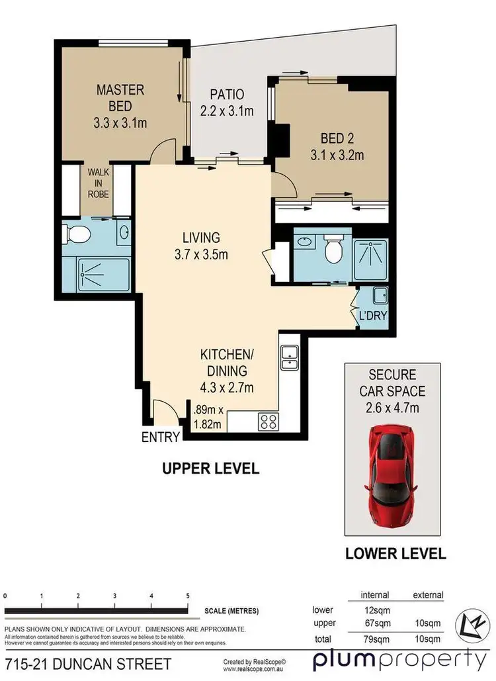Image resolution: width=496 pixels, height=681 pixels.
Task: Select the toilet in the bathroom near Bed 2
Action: [333, 250]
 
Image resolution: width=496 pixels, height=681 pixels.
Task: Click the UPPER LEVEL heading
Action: [210, 469]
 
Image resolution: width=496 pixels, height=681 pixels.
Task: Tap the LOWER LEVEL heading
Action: [395, 553]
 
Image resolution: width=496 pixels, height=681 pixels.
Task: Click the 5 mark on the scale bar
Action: [188, 596]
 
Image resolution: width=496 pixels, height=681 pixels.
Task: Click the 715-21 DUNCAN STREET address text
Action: [88, 663]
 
